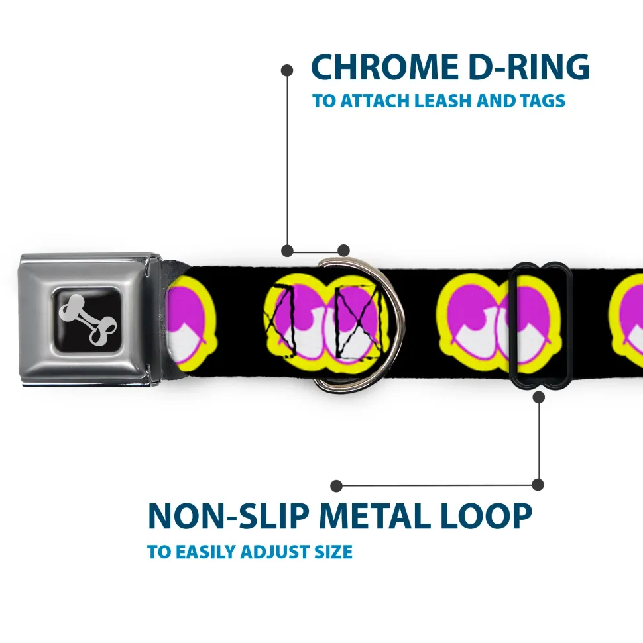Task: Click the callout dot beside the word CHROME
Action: pos(287,69)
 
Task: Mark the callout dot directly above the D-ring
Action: pos(343,250)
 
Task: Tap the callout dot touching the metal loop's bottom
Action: pos(538,397)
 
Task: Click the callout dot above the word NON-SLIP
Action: pos(337,485)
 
